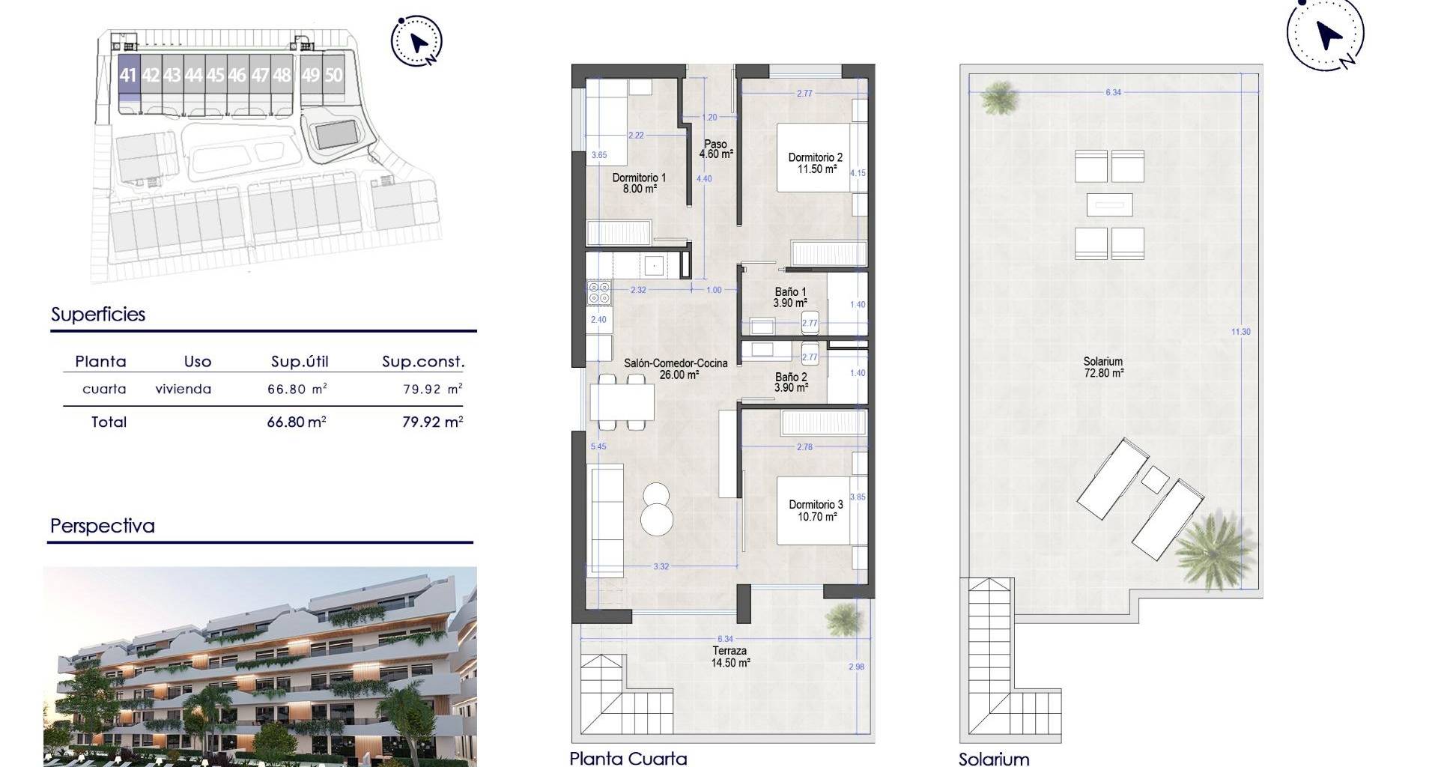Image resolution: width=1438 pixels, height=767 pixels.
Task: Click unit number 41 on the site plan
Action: pos(128,76)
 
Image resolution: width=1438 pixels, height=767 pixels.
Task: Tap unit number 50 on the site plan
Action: pos(334,76)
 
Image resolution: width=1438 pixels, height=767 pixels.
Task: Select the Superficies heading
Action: pos(98,315)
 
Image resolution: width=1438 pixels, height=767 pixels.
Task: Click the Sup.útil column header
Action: pos(300,362)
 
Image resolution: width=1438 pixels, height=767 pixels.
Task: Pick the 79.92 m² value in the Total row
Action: pos(433,422)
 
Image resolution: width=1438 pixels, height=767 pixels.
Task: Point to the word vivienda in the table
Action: pos(183,389)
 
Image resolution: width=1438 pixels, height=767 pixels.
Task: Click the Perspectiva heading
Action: pos(103,526)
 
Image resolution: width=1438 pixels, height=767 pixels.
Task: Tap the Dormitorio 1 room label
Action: pos(639,184)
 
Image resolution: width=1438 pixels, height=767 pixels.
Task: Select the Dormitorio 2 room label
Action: pos(816,163)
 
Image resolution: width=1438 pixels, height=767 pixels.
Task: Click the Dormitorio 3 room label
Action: pos(816,510)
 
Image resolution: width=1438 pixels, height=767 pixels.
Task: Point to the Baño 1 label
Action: pos(791,297)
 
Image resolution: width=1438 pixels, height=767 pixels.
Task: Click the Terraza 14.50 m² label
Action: pos(730,657)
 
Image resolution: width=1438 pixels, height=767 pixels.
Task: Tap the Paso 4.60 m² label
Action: pos(715,149)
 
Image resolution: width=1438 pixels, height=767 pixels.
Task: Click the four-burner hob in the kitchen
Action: pos(599,292)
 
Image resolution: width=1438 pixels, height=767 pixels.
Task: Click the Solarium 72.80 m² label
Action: pos(1103,367)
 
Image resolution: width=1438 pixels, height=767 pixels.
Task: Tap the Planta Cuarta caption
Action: pos(628,758)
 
